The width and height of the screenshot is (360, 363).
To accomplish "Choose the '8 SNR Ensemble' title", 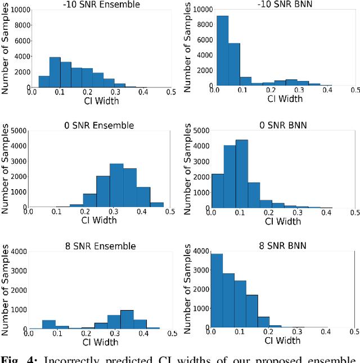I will pos(100,246).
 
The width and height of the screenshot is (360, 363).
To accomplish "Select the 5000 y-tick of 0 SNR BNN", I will pos(199,131).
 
